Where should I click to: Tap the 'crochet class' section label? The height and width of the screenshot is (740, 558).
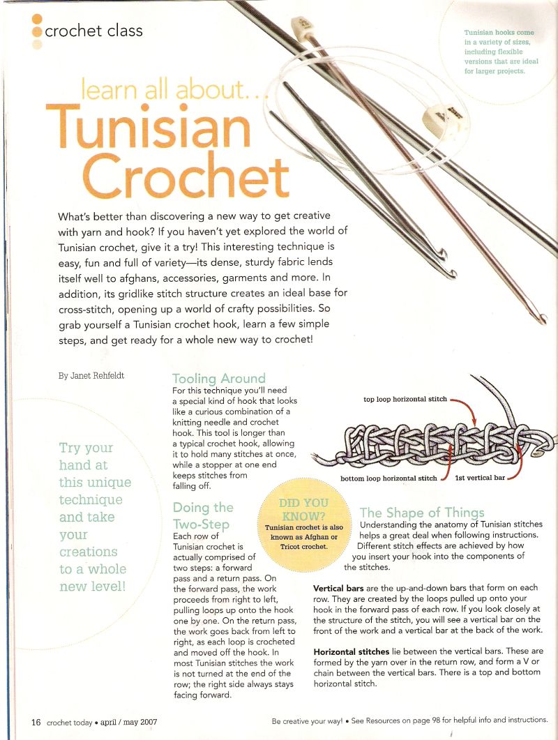point(93,31)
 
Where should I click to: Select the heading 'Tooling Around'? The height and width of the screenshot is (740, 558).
point(218,379)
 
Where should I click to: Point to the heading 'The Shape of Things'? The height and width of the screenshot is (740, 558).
point(431,513)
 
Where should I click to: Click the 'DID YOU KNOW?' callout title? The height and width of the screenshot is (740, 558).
point(303,508)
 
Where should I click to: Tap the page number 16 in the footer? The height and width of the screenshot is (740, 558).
point(36,722)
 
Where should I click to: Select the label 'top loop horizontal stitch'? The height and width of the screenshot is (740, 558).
point(405,400)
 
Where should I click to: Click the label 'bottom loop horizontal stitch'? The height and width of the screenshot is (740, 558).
point(389,478)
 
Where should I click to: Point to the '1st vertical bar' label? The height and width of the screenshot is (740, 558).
point(480,478)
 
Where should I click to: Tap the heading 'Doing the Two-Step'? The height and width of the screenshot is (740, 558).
point(202,515)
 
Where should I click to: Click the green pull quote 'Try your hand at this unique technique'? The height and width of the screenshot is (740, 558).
point(95,516)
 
